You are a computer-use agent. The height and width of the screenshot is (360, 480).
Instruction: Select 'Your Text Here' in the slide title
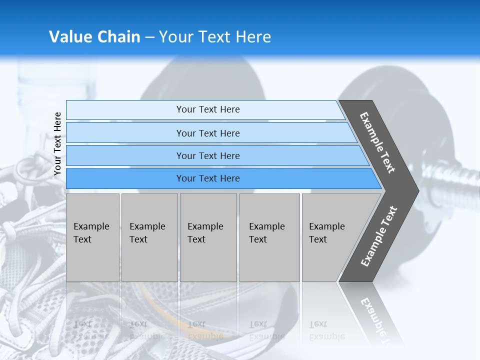215,37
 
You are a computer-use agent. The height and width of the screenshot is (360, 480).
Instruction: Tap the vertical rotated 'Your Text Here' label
57,143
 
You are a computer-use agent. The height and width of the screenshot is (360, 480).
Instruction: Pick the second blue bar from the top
207,133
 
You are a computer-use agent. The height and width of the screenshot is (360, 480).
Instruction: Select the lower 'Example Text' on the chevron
379,236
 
